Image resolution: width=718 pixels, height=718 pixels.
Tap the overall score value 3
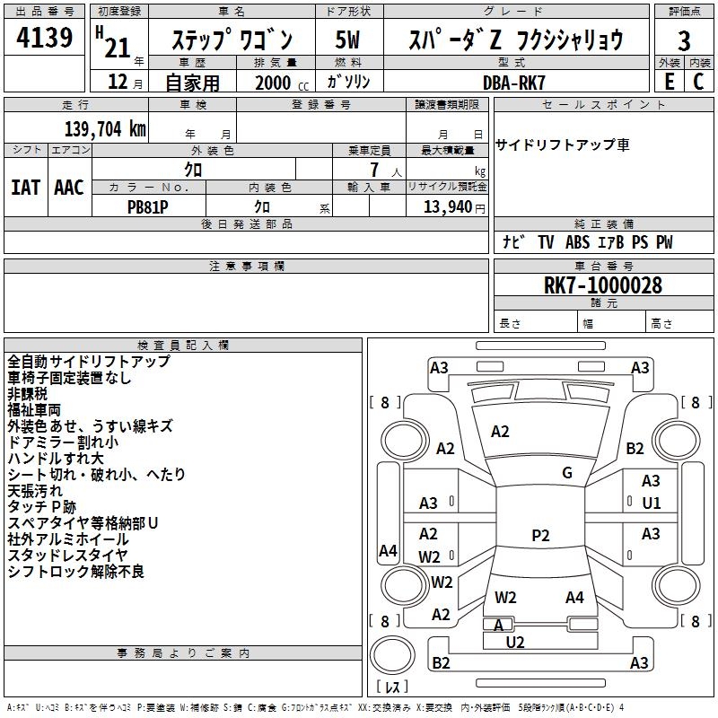coord(684,41)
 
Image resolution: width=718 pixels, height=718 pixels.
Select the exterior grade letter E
coord(670,81)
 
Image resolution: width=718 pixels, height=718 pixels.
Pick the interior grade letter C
coord(699,81)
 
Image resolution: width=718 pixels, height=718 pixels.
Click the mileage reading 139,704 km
coord(105,127)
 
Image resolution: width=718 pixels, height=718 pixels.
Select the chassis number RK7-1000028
coord(603,286)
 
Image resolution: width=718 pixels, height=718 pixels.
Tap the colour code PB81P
coord(148,206)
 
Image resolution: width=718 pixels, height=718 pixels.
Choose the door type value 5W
coord(348,40)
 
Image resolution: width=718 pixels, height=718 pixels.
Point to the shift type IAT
coord(25,188)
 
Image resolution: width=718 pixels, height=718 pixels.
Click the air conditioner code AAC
coord(69,188)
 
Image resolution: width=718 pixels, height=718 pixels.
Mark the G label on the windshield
coord(567,473)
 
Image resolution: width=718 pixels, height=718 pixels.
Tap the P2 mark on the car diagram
coord(540,536)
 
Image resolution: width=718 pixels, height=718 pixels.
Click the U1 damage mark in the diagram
coord(651,503)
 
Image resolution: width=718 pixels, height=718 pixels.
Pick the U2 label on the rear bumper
coord(515,642)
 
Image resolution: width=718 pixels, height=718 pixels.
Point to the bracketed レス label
coord(392,688)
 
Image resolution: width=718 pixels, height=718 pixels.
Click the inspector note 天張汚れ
coord(35,491)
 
